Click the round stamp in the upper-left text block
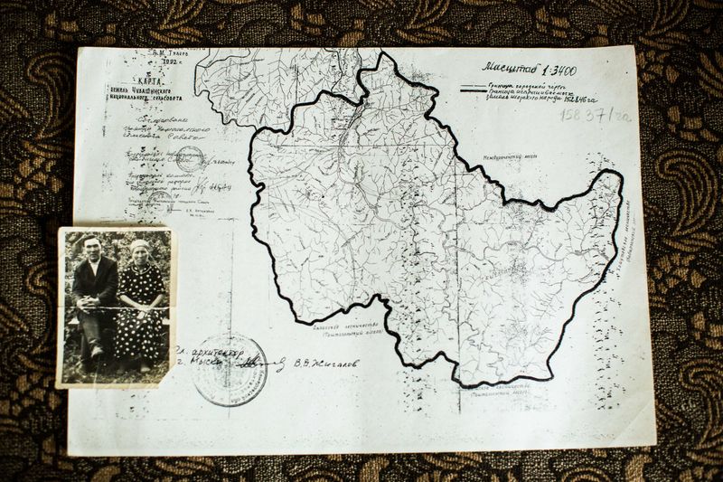click(189, 159)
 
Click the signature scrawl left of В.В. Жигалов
click(262, 362)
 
